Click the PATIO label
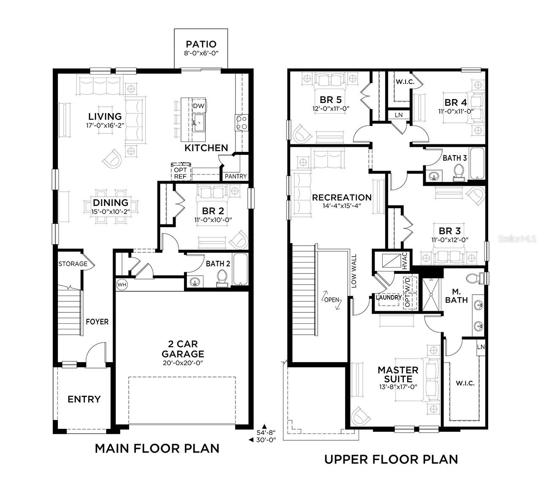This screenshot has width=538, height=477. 201,44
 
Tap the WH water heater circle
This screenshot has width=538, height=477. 122,285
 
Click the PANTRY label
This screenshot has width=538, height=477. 235,176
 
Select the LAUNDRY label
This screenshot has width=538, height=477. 389,297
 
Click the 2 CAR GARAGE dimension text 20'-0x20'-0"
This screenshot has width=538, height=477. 183,363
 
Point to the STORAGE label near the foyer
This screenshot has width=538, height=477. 73,264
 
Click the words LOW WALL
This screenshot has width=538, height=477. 354,271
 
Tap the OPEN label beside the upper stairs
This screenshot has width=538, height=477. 332,300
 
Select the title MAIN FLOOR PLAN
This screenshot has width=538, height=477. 157,448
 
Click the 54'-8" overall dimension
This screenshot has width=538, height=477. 266,432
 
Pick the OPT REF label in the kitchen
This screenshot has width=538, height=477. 180,173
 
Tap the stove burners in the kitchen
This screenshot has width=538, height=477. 241,122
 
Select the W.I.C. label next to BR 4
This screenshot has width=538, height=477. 405,81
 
